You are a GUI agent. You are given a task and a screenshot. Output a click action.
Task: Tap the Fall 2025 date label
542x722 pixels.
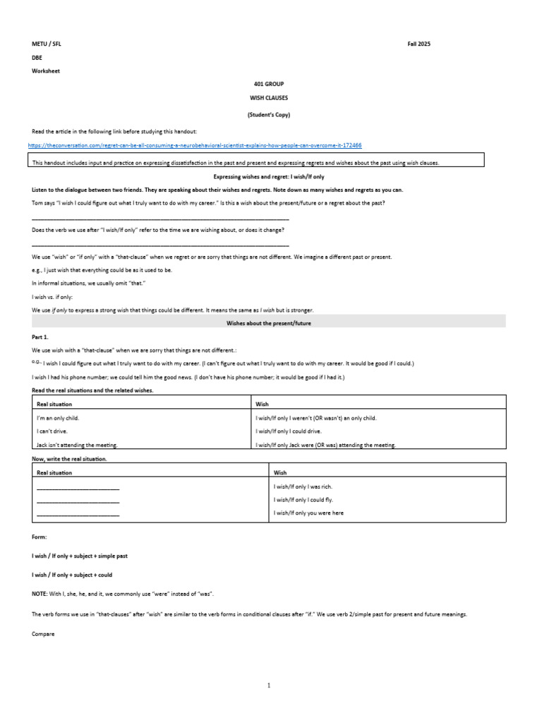click(418, 44)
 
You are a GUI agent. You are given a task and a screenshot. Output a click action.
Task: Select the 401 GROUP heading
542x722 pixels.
click(268, 84)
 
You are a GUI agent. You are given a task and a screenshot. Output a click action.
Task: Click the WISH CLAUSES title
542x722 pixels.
click(268, 98)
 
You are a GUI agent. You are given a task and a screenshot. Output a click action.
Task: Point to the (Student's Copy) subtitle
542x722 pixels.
click(268, 114)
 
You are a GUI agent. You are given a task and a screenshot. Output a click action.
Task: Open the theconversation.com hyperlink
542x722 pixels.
click(195, 145)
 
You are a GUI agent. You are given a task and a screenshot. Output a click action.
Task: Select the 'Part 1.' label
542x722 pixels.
click(40, 337)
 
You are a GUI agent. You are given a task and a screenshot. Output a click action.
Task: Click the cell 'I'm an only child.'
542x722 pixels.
click(58, 417)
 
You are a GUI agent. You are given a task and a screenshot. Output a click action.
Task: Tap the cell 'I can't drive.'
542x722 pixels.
click(52, 431)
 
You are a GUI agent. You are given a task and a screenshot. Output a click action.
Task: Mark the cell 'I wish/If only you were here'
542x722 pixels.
click(308, 513)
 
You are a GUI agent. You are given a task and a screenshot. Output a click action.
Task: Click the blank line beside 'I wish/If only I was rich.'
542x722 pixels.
click(78, 488)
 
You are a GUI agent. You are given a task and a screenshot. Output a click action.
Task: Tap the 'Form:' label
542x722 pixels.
click(39, 537)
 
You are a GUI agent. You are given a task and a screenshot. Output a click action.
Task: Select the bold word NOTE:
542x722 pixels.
click(40, 594)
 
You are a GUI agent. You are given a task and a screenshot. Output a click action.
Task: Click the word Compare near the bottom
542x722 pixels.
click(43, 633)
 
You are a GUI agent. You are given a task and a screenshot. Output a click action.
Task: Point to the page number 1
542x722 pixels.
click(269, 685)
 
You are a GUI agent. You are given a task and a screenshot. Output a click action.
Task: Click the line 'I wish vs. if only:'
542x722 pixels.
click(52, 297)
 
